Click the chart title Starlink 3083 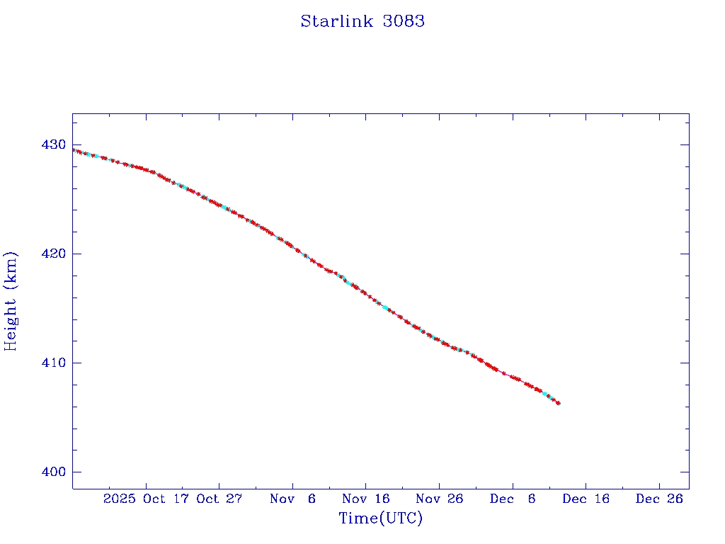[x=362, y=21]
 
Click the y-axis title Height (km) [x=11, y=301]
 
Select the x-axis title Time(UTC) [x=380, y=518]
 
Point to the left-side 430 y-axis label [x=55, y=144]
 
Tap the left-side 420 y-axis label [x=55, y=254]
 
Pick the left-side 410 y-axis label [x=55, y=363]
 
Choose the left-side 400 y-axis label [x=55, y=472]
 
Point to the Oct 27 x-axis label [x=219, y=499]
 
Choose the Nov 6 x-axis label [x=293, y=499]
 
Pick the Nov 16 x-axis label [x=366, y=499]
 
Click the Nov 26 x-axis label [x=440, y=499]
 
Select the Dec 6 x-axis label [x=513, y=499]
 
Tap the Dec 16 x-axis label [x=586, y=499]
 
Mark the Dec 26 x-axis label [x=659, y=499]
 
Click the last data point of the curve [x=559, y=403]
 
